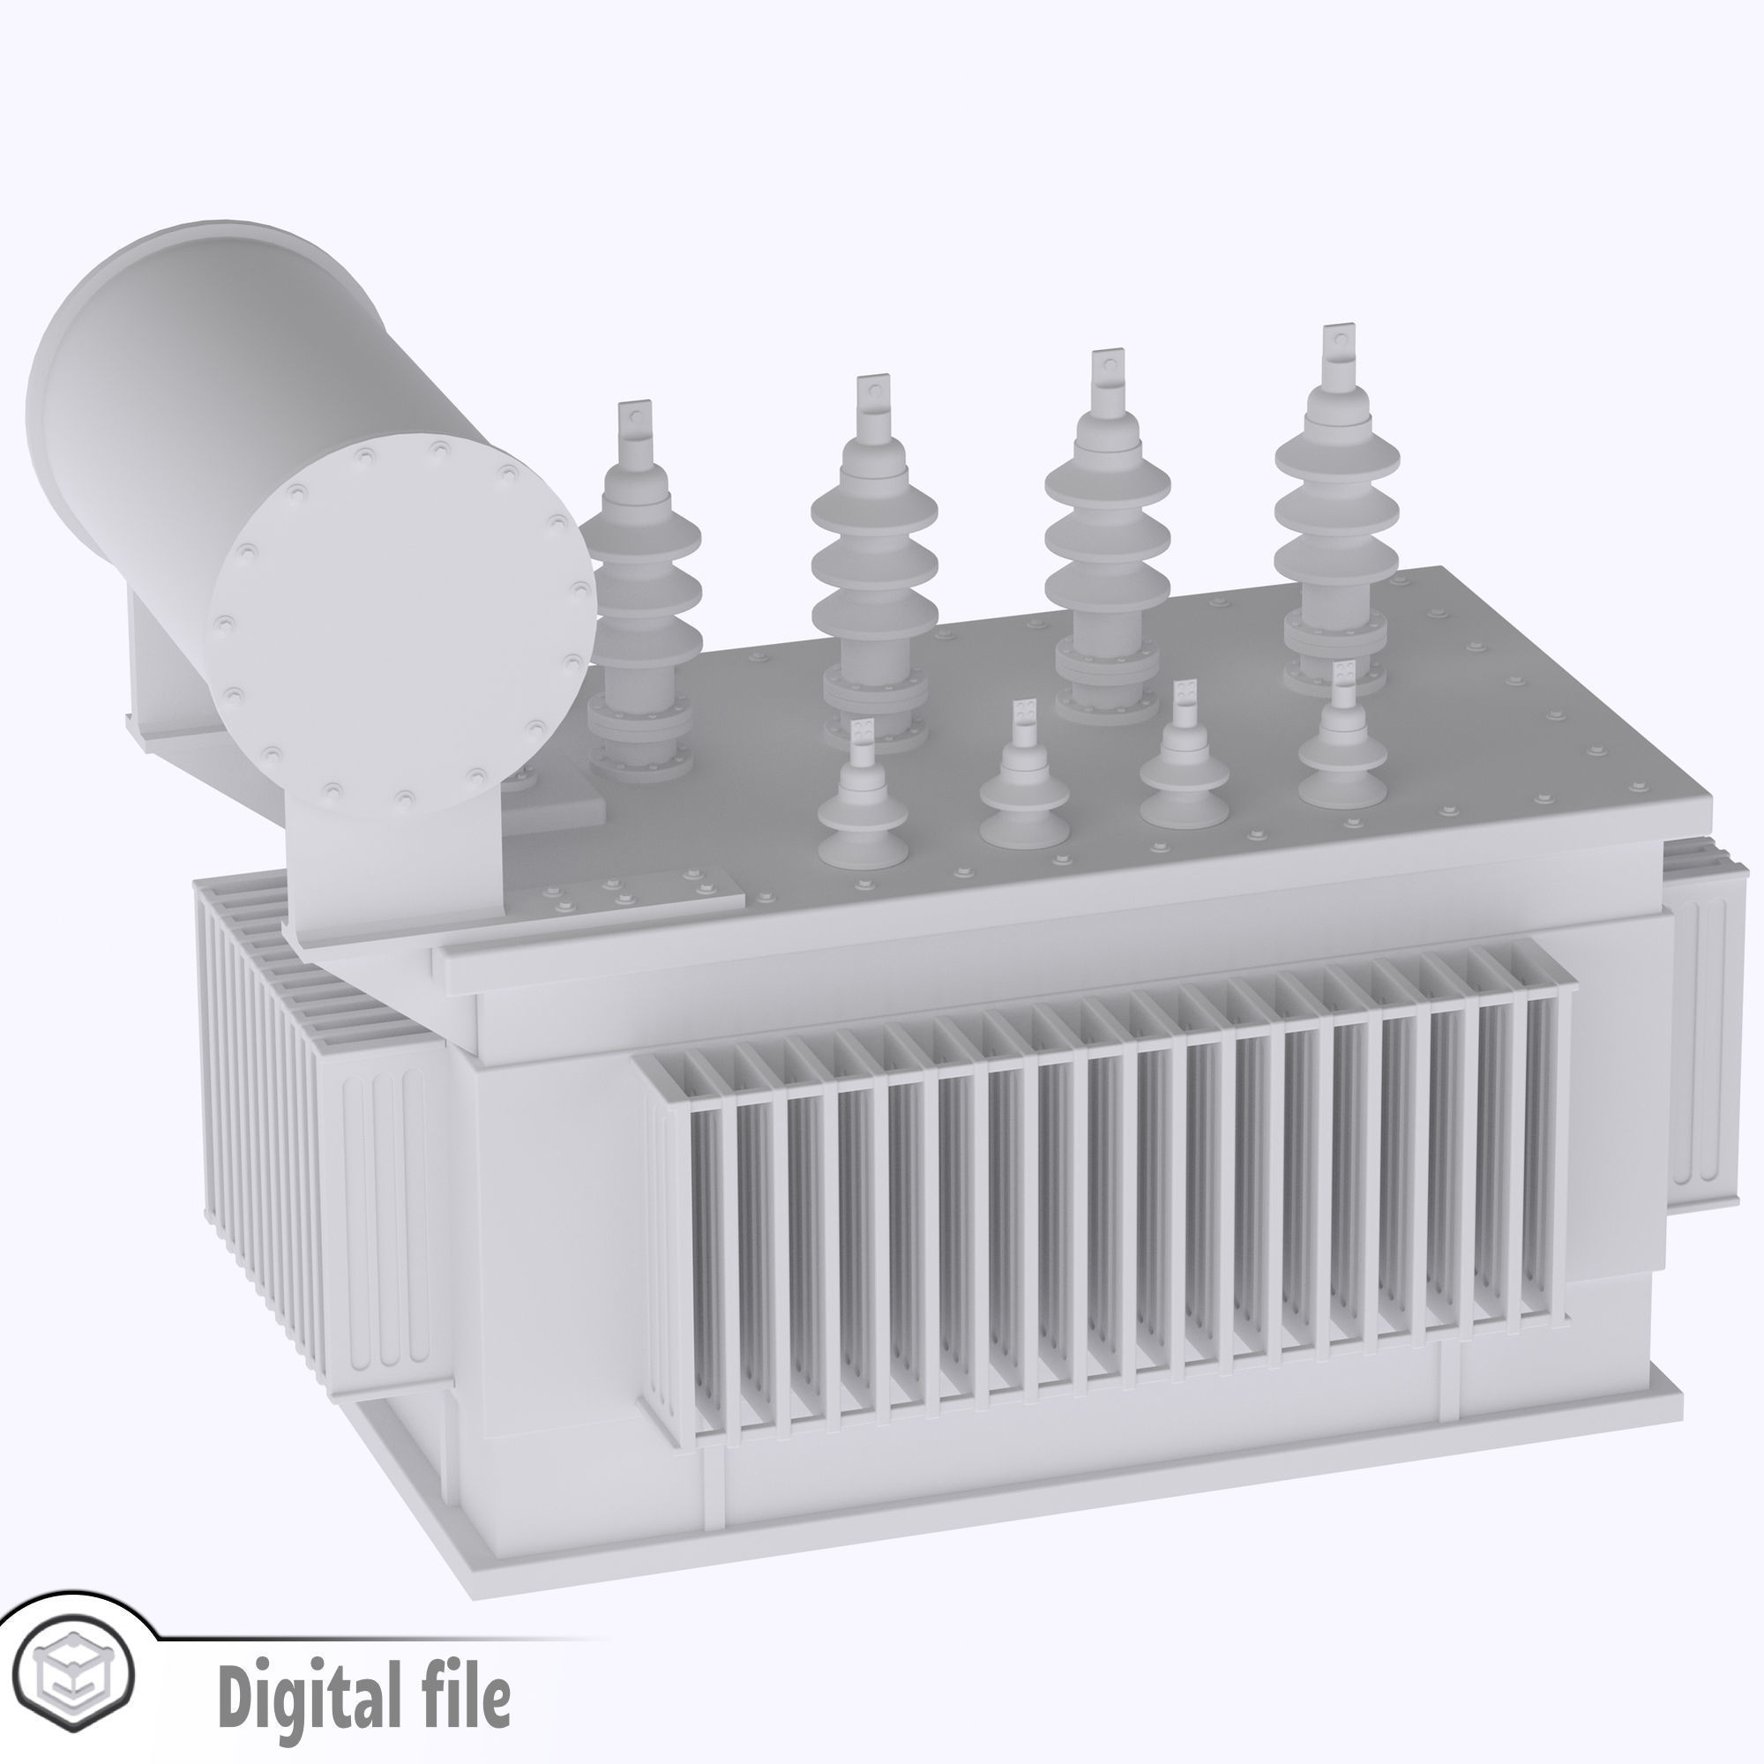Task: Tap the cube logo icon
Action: [x=78, y=1671]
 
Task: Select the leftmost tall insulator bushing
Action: [x=639, y=602]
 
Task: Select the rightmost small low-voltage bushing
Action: [x=1342, y=749]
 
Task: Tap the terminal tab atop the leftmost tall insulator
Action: [x=634, y=420]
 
